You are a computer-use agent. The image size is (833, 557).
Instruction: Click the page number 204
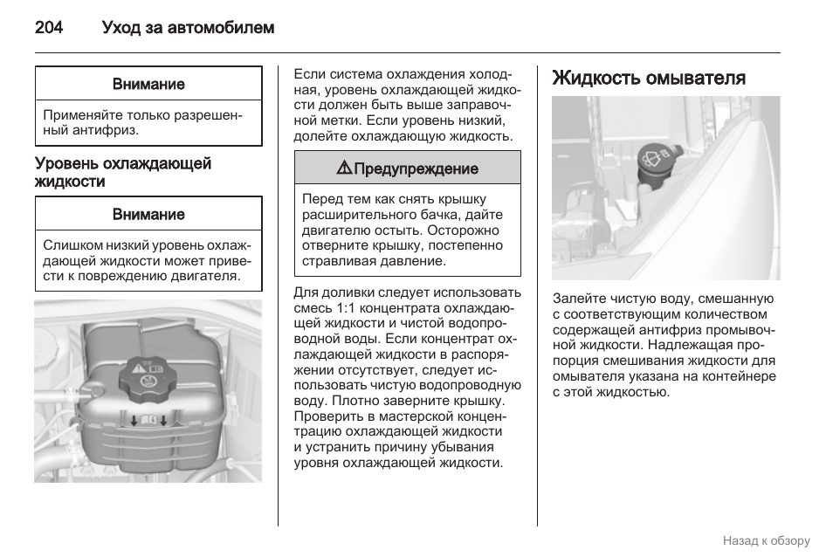(x=49, y=28)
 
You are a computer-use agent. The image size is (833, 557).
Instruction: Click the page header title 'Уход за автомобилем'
(x=188, y=28)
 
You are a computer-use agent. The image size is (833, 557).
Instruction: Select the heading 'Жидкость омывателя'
(x=649, y=78)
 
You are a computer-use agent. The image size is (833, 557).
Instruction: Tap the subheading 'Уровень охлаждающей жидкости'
(x=122, y=173)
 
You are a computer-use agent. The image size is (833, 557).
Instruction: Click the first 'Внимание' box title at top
(x=148, y=85)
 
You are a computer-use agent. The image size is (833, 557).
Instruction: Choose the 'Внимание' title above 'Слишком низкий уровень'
(x=148, y=215)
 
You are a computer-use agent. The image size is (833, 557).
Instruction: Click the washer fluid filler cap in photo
(x=654, y=158)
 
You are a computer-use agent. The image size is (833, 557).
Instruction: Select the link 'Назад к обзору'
(x=766, y=540)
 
